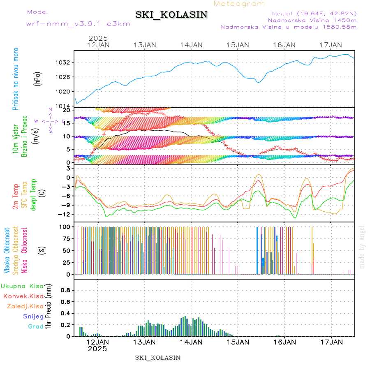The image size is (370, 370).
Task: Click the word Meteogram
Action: [239, 4]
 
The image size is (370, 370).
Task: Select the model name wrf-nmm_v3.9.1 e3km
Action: [78, 24]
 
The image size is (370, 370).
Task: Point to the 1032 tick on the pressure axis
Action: [65, 62]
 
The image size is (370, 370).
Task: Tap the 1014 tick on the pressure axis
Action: [65, 106]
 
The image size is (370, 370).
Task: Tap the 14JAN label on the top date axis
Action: [191, 45]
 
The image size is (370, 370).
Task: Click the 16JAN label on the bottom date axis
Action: [284, 342]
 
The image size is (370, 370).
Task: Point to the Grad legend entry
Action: [35, 327]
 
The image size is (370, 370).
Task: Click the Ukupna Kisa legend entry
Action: [22, 286]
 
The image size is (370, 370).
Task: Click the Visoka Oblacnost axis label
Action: [7, 250]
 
